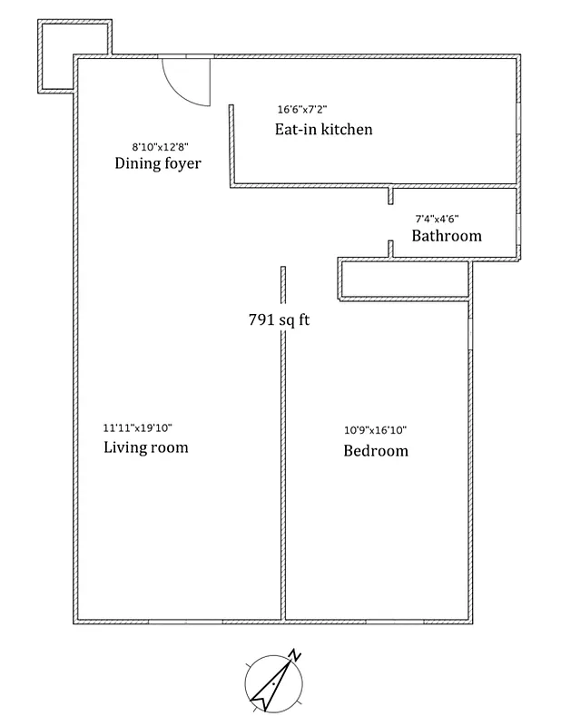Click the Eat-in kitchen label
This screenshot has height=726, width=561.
point(323,130)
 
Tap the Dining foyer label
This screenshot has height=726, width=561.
point(157,163)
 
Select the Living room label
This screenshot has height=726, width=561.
point(145,447)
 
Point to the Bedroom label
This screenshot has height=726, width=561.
point(375,451)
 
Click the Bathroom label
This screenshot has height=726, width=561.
point(446,236)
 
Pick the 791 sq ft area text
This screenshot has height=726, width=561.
point(279,319)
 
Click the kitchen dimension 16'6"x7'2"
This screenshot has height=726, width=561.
point(302,110)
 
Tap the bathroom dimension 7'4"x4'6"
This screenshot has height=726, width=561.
point(437,218)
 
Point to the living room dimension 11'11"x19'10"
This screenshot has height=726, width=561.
point(137,428)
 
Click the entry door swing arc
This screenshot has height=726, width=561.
point(186,83)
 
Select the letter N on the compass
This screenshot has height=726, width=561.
point(294,654)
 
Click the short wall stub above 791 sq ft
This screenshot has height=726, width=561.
point(283,285)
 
